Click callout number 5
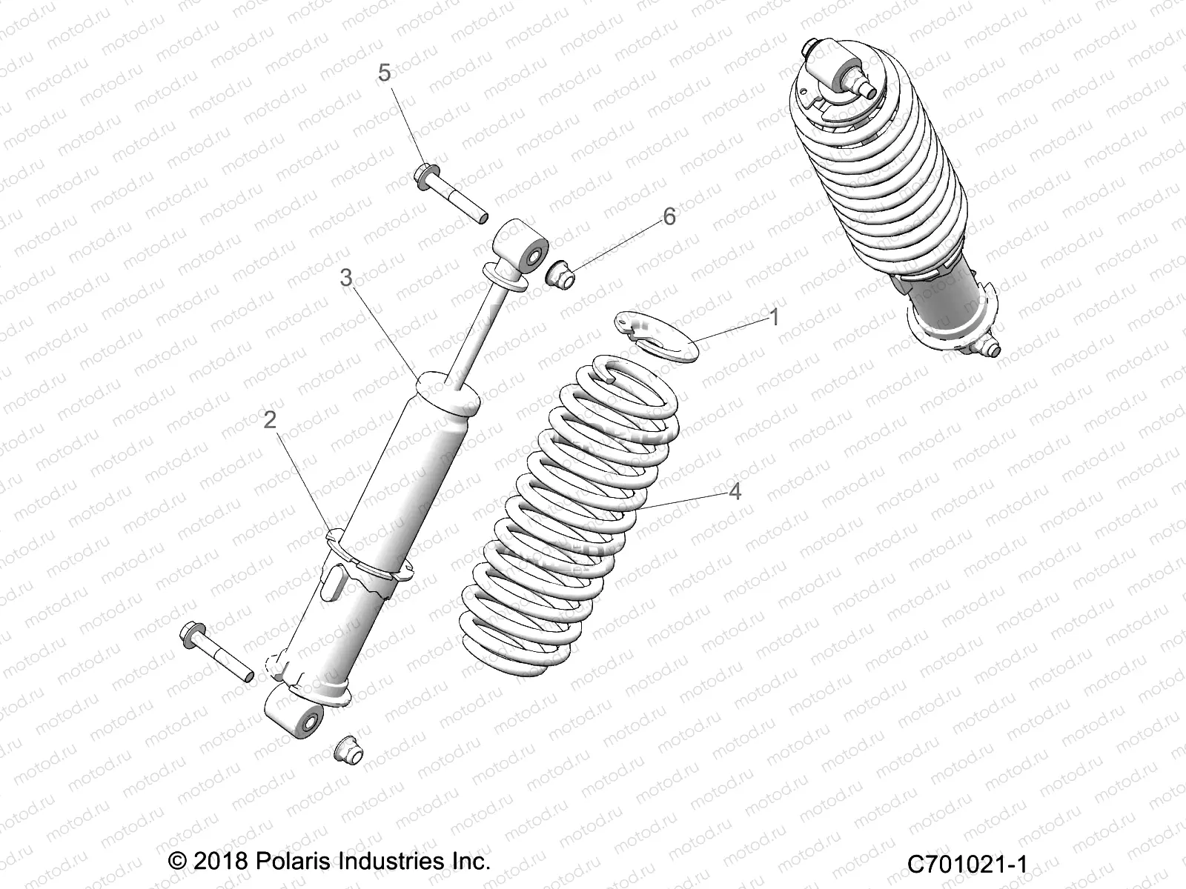click(x=383, y=73)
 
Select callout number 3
click(x=345, y=278)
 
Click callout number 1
click(x=775, y=318)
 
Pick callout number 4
click(x=735, y=491)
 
